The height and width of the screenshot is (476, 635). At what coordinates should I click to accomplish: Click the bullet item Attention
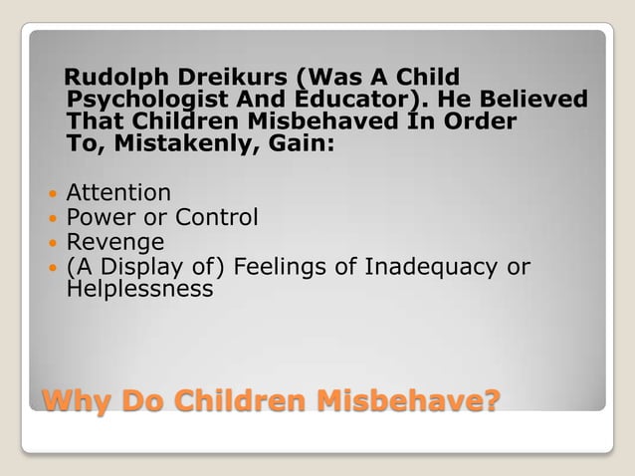click(x=118, y=192)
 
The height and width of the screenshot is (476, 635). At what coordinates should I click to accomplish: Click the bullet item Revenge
click(x=115, y=242)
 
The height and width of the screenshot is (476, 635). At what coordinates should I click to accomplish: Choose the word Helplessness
click(x=139, y=290)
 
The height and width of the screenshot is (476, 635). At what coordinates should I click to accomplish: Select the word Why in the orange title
click(x=75, y=401)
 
